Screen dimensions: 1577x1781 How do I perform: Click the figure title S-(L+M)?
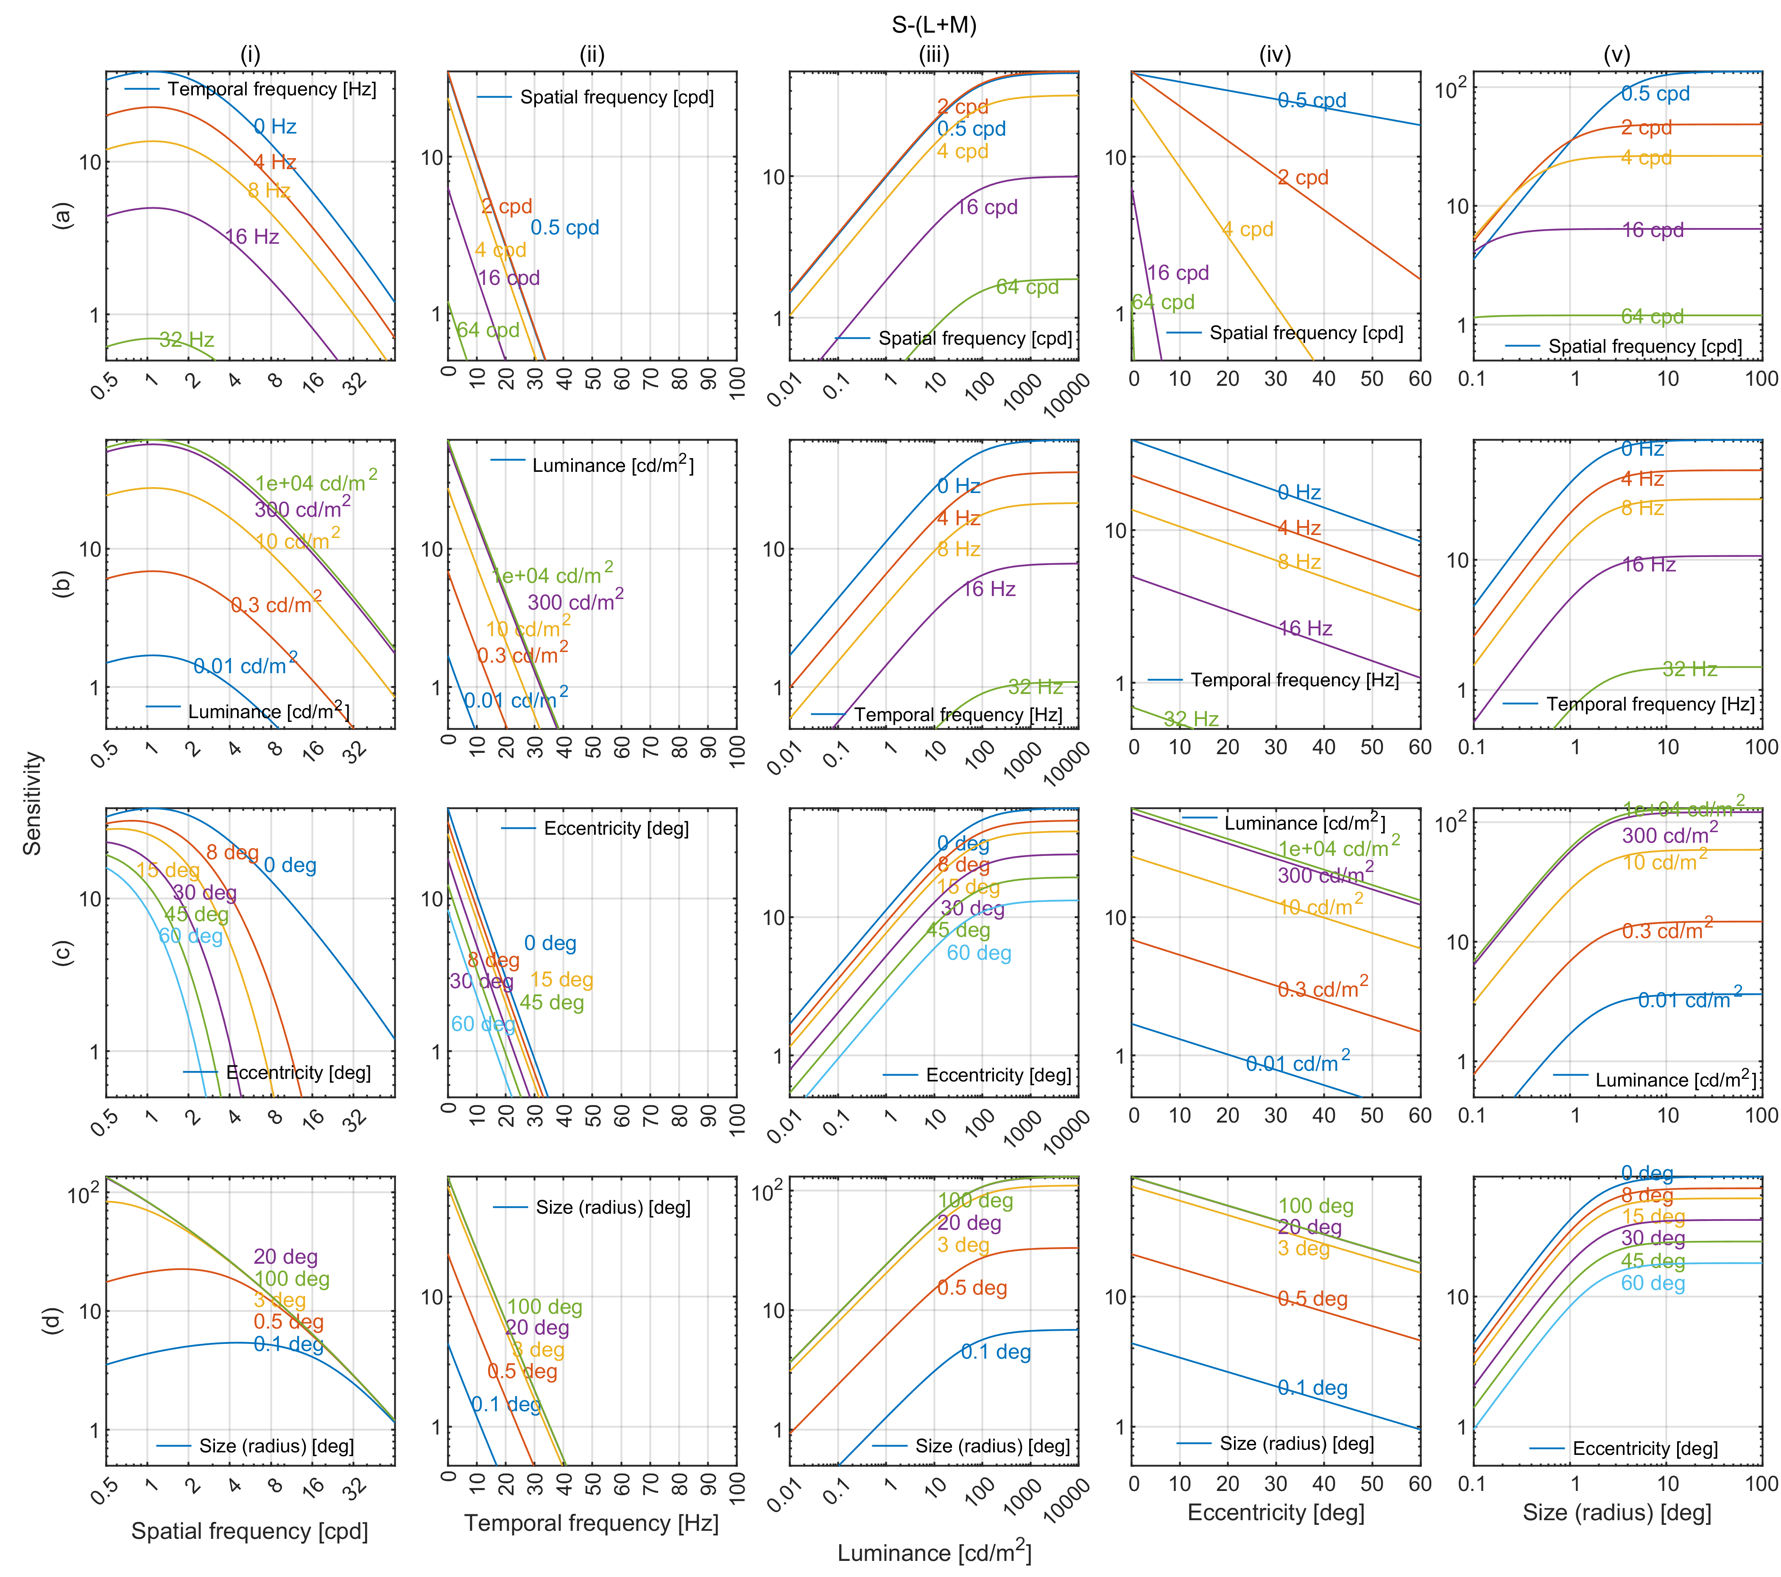click(x=933, y=25)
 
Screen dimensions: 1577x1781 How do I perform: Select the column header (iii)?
click(x=933, y=55)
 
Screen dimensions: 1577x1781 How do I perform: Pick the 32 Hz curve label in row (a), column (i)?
click(x=187, y=340)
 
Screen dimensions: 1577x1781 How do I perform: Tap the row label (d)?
click(x=52, y=1321)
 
